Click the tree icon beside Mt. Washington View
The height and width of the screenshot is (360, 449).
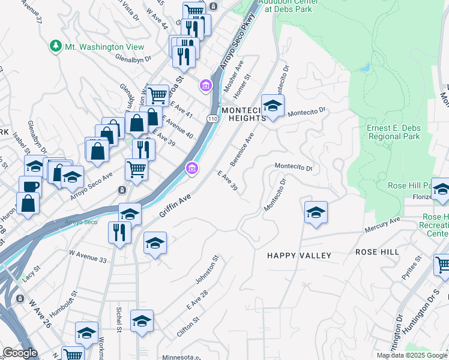[x=56, y=46]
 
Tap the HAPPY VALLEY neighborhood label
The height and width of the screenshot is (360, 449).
[x=299, y=256]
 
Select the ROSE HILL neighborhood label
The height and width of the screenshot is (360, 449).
[x=377, y=253]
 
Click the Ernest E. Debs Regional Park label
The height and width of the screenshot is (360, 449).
[x=393, y=132]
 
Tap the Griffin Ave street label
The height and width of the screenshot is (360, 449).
[x=175, y=205]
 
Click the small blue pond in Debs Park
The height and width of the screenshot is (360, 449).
[x=364, y=67]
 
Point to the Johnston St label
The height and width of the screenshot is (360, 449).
[x=207, y=271]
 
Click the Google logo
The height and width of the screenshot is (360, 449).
[x=19, y=353]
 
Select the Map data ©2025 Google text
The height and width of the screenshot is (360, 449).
[x=412, y=355]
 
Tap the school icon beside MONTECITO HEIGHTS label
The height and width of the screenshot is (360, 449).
[x=273, y=106]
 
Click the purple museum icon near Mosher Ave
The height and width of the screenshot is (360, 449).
[x=206, y=86]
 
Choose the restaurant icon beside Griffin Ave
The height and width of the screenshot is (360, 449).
[x=119, y=231]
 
